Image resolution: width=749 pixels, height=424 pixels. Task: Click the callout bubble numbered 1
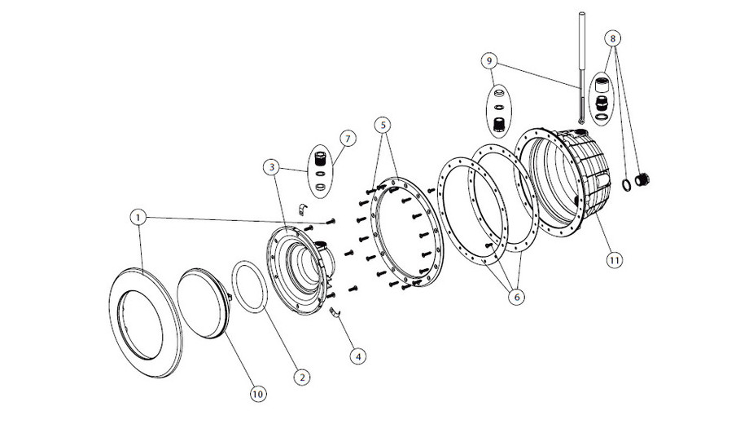[x=139, y=218]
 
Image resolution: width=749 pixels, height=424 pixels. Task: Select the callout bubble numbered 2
[x=301, y=377]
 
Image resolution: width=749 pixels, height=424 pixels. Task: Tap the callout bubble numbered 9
[x=488, y=60]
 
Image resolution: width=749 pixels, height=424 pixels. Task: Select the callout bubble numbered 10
[x=257, y=394]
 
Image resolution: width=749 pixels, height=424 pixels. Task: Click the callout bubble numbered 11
[x=613, y=259]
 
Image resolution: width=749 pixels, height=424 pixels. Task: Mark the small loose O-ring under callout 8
[x=625, y=184]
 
